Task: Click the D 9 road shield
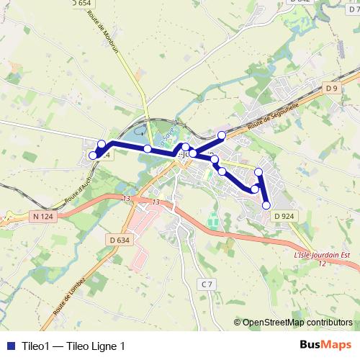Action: [330, 88]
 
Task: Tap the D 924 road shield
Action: [285, 216]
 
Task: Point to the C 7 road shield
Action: [207, 284]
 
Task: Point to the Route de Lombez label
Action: [70, 298]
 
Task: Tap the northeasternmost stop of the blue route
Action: [222, 135]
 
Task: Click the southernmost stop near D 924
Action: [266, 205]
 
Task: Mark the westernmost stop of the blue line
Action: [92, 155]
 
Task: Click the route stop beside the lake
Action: [147, 149]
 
